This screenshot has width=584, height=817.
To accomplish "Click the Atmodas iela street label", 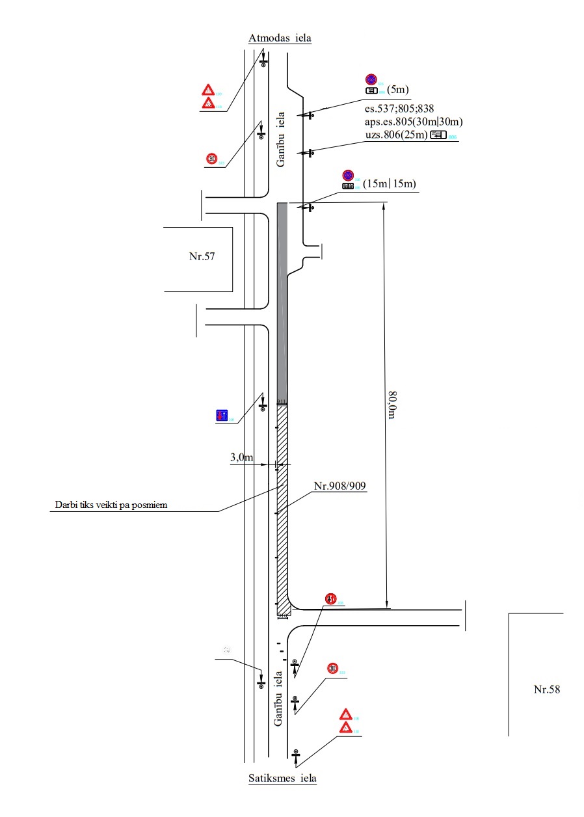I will (x=280, y=38).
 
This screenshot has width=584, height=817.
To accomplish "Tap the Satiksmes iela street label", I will (x=282, y=778).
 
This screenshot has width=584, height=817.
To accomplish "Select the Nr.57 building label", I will (x=197, y=256).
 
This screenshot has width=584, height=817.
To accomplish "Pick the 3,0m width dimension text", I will (x=241, y=458).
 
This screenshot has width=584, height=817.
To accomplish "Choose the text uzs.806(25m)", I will (x=396, y=135).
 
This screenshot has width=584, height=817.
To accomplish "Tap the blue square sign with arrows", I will (x=221, y=415).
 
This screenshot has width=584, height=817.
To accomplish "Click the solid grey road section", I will (x=282, y=302).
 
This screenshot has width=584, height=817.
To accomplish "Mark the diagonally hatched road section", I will (x=282, y=507).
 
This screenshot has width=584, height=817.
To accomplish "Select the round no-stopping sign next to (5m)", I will (x=371, y=79).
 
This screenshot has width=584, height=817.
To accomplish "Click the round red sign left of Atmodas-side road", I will (x=211, y=159).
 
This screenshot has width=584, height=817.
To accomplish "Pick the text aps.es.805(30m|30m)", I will (x=414, y=122).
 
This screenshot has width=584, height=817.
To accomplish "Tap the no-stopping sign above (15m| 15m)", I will (x=348, y=175).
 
